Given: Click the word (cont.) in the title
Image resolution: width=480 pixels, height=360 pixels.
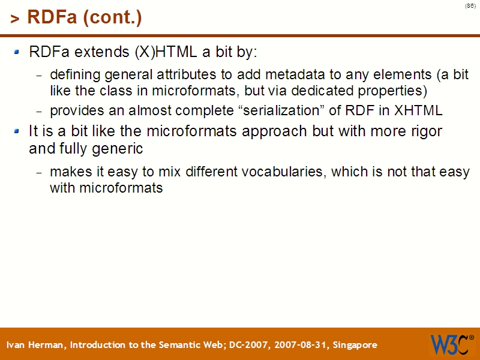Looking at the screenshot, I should pyautogui.click(x=113, y=18).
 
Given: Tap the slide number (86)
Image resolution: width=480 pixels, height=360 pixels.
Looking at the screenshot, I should pyautogui.click(x=470, y=6).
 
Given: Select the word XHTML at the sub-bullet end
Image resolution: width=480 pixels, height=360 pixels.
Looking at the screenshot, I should pyautogui.click(x=418, y=111).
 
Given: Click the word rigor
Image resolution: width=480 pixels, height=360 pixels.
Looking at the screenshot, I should pyautogui.click(x=422, y=131).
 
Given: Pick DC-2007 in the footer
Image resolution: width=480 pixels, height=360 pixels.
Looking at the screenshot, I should pyautogui.click(x=248, y=345).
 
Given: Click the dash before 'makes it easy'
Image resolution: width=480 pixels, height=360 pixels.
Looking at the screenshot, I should pyautogui.click(x=40, y=173).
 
